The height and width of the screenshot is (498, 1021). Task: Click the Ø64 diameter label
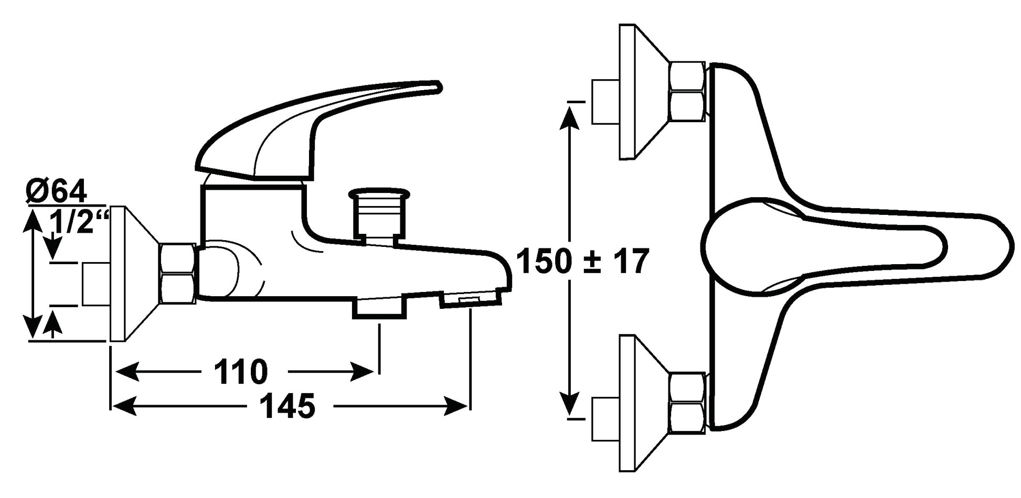[x=56, y=192]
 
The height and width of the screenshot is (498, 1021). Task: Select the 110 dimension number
[x=240, y=372]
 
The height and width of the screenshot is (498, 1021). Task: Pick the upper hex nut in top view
[x=688, y=92]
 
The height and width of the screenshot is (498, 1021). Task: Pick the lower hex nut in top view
[x=688, y=403]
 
